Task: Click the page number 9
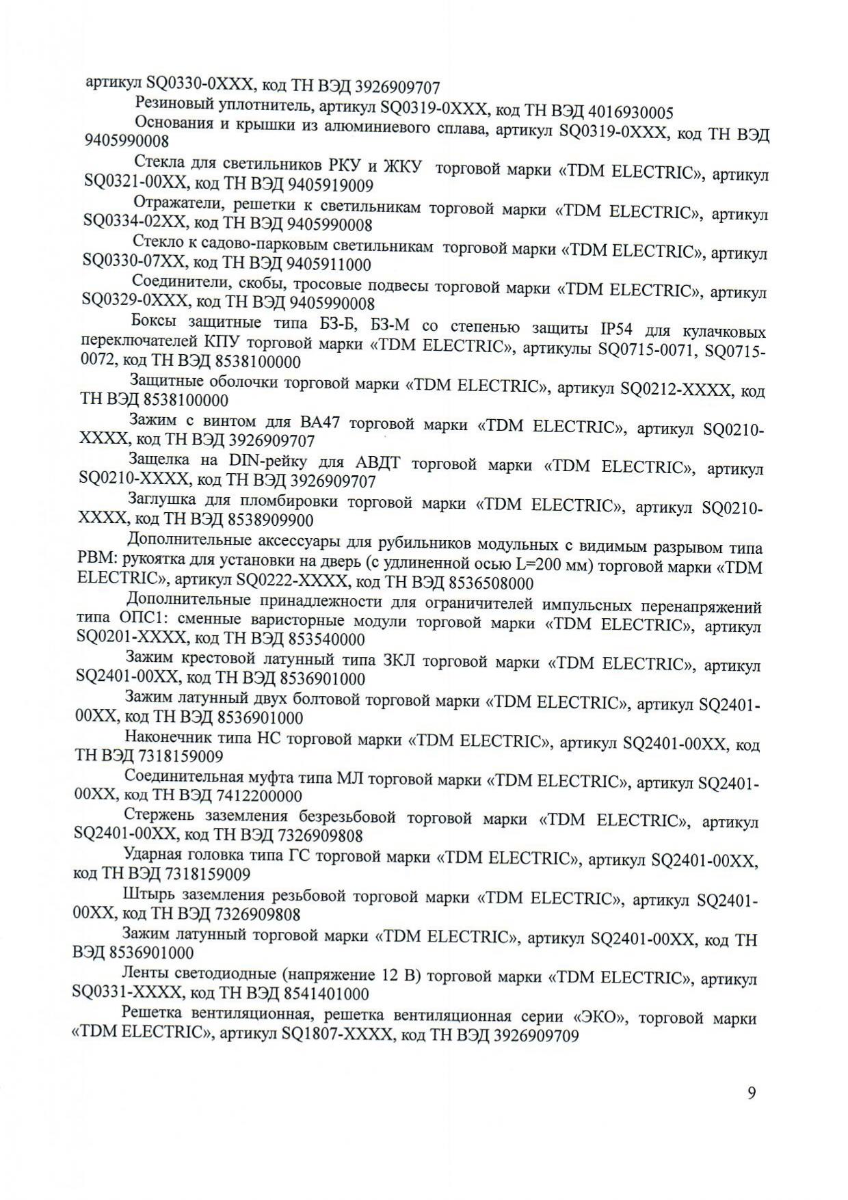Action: click(x=752, y=1093)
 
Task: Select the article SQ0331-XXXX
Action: click(x=128, y=994)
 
